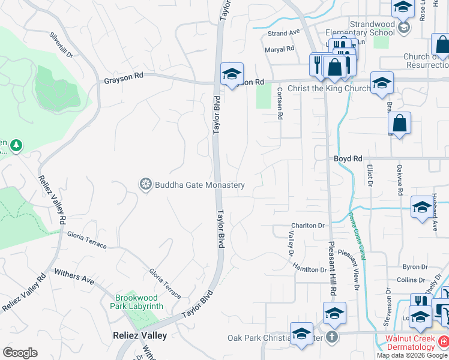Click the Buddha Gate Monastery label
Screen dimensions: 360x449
(x=199, y=185)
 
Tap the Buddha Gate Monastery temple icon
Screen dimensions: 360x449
(x=145, y=184)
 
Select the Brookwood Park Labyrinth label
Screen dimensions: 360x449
(x=137, y=302)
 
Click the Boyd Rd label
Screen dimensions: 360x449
(x=348, y=158)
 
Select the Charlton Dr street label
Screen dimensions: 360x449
(x=308, y=226)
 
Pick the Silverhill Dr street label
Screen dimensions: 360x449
(x=61, y=46)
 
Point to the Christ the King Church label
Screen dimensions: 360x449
(x=330, y=89)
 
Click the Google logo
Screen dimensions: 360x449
(x=20, y=353)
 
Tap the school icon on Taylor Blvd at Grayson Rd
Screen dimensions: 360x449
(x=232, y=74)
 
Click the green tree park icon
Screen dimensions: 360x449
(x=16, y=145)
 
